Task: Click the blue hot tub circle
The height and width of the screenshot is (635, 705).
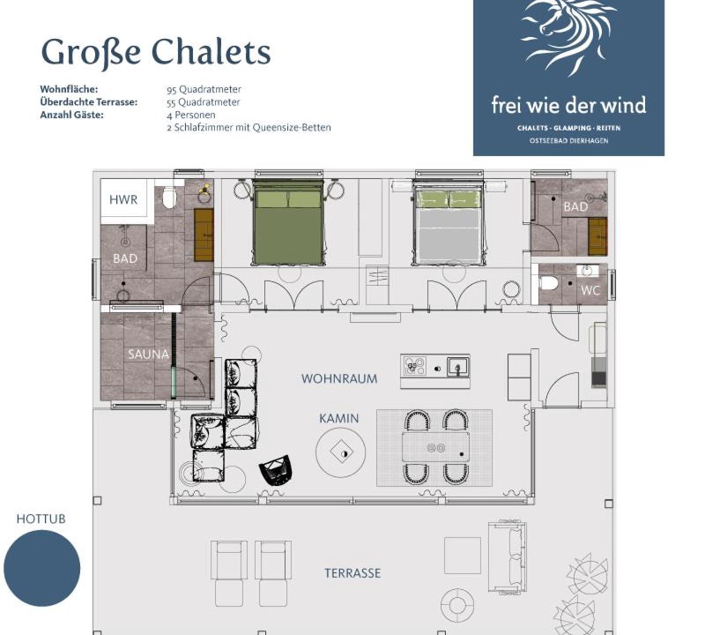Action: pyautogui.click(x=41, y=568)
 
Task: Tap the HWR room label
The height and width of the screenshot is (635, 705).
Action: pyautogui.click(x=123, y=199)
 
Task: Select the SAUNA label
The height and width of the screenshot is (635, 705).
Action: pyautogui.click(x=148, y=355)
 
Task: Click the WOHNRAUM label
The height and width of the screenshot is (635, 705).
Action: pyautogui.click(x=339, y=378)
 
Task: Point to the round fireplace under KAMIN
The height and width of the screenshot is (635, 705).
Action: pyautogui.click(x=341, y=453)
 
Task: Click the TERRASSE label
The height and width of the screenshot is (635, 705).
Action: pyautogui.click(x=352, y=573)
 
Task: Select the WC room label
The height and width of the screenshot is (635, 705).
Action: pyautogui.click(x=590, y=290)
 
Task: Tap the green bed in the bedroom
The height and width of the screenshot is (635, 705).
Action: pyautogui.click(x=288, y=222)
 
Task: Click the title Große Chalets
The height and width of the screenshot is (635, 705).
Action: pyautogui.click(x=156, y=52)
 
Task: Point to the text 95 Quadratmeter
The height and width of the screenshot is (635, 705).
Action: pyautogui.click(x=204, y=89)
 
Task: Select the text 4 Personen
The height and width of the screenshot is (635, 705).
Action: pyautogui.click(x=190, y=115)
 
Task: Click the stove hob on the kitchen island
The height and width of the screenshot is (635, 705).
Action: pyautogui.click(x=414, y=366)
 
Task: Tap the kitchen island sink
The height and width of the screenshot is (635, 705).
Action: pyautogui.click(x=457, y=366)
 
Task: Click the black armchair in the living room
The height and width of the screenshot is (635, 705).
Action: pyautogui.click(x=276, y=469)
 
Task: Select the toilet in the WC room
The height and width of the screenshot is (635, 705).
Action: pyautogui.click(x=549, y=283)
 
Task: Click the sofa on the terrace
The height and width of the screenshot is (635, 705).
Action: pyautogui.click(x=507, y=557)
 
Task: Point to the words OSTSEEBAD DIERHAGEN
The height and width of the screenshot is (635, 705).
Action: pyautogui.click(x=568, y=141)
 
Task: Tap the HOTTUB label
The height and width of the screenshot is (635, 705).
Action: pyautogui.click(x=41, y=519)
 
